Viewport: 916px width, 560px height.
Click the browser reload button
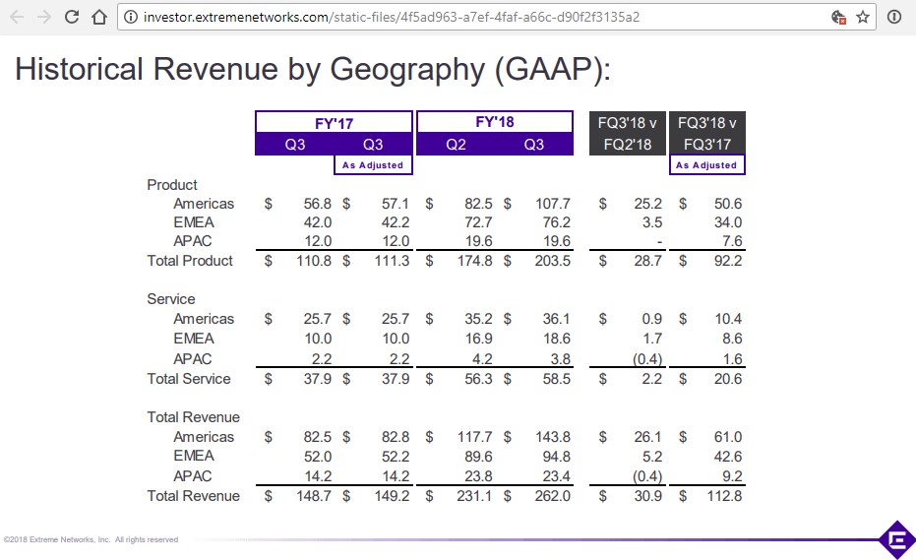click(x=72, y=17)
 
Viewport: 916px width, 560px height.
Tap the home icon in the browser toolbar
click(x=98, y=17)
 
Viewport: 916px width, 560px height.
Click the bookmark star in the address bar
click(x=863, y=17)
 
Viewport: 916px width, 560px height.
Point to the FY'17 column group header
click(x=333, y=123)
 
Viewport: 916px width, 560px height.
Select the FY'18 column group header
click(x=495, y=122)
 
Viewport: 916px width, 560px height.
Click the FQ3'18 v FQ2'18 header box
click(x=626, y=133)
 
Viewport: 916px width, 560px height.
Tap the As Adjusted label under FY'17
click(x=373, y=165)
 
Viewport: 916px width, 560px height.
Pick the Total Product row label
click(x=190, y=261)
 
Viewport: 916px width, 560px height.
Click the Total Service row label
click(x=189, y=379)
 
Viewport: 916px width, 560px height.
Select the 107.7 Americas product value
click(x=551, y=204)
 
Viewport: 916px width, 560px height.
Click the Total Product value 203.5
click(x=551, y=261)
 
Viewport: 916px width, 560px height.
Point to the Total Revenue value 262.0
click(x=551, y=496)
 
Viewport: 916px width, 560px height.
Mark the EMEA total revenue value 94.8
click(x=555, y=456)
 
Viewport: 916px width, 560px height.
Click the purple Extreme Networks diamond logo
click(x=896, y=539)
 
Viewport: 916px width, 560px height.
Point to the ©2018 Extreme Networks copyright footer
click(x=91, y=539)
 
